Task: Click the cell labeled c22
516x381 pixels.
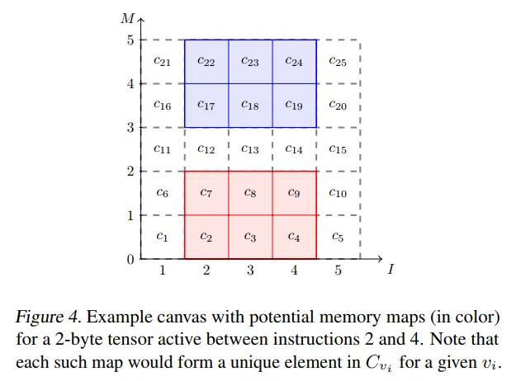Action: click(x=206, y=62)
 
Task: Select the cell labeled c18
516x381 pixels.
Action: click(x=250, y=106)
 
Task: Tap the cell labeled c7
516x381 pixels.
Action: click(x=206, y=193)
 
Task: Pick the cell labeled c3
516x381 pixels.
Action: click(x=250, y=237)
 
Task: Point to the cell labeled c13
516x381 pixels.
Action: click(x=250, y=149)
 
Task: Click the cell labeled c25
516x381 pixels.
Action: click(x=338, y=61)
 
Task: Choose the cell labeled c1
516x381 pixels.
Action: click(x=163, y=237)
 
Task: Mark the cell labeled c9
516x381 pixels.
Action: click(x=294, y=193)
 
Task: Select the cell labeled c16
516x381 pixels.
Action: click(x=163, y=106)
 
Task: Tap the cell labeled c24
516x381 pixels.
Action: click(x=294, y=62)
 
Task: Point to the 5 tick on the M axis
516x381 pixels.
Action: click(x=130, y=40)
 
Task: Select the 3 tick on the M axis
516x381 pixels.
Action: click(x=130, y=127)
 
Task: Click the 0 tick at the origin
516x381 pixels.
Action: click(x=130, y=259)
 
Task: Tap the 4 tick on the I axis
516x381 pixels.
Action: click(x=294, y=270)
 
